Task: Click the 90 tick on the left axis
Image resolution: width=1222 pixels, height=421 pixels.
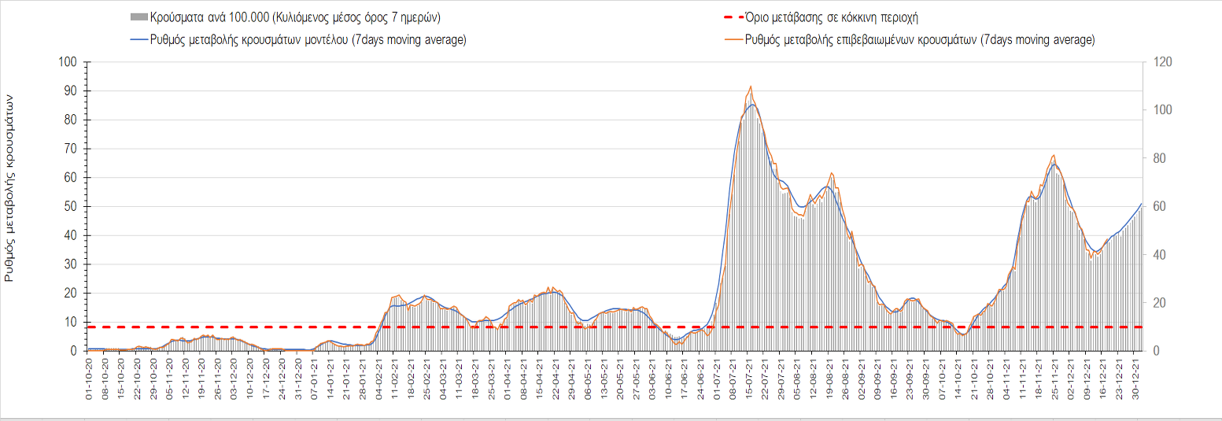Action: tap(71, 91)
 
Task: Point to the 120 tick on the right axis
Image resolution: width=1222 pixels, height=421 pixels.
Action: tap(1162, 62)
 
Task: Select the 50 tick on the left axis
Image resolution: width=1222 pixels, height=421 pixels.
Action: tap(71, 206)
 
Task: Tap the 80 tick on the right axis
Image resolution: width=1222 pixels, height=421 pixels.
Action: tap(1159, 158)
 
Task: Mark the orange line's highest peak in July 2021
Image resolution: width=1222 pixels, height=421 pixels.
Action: tap(751, 87)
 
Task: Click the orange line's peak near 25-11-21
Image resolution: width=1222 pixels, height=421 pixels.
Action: tap(1054, 155)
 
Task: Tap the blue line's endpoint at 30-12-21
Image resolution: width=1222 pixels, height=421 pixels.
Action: tap(1142, 203)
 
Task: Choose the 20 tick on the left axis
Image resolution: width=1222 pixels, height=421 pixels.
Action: tap(71, 293)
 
